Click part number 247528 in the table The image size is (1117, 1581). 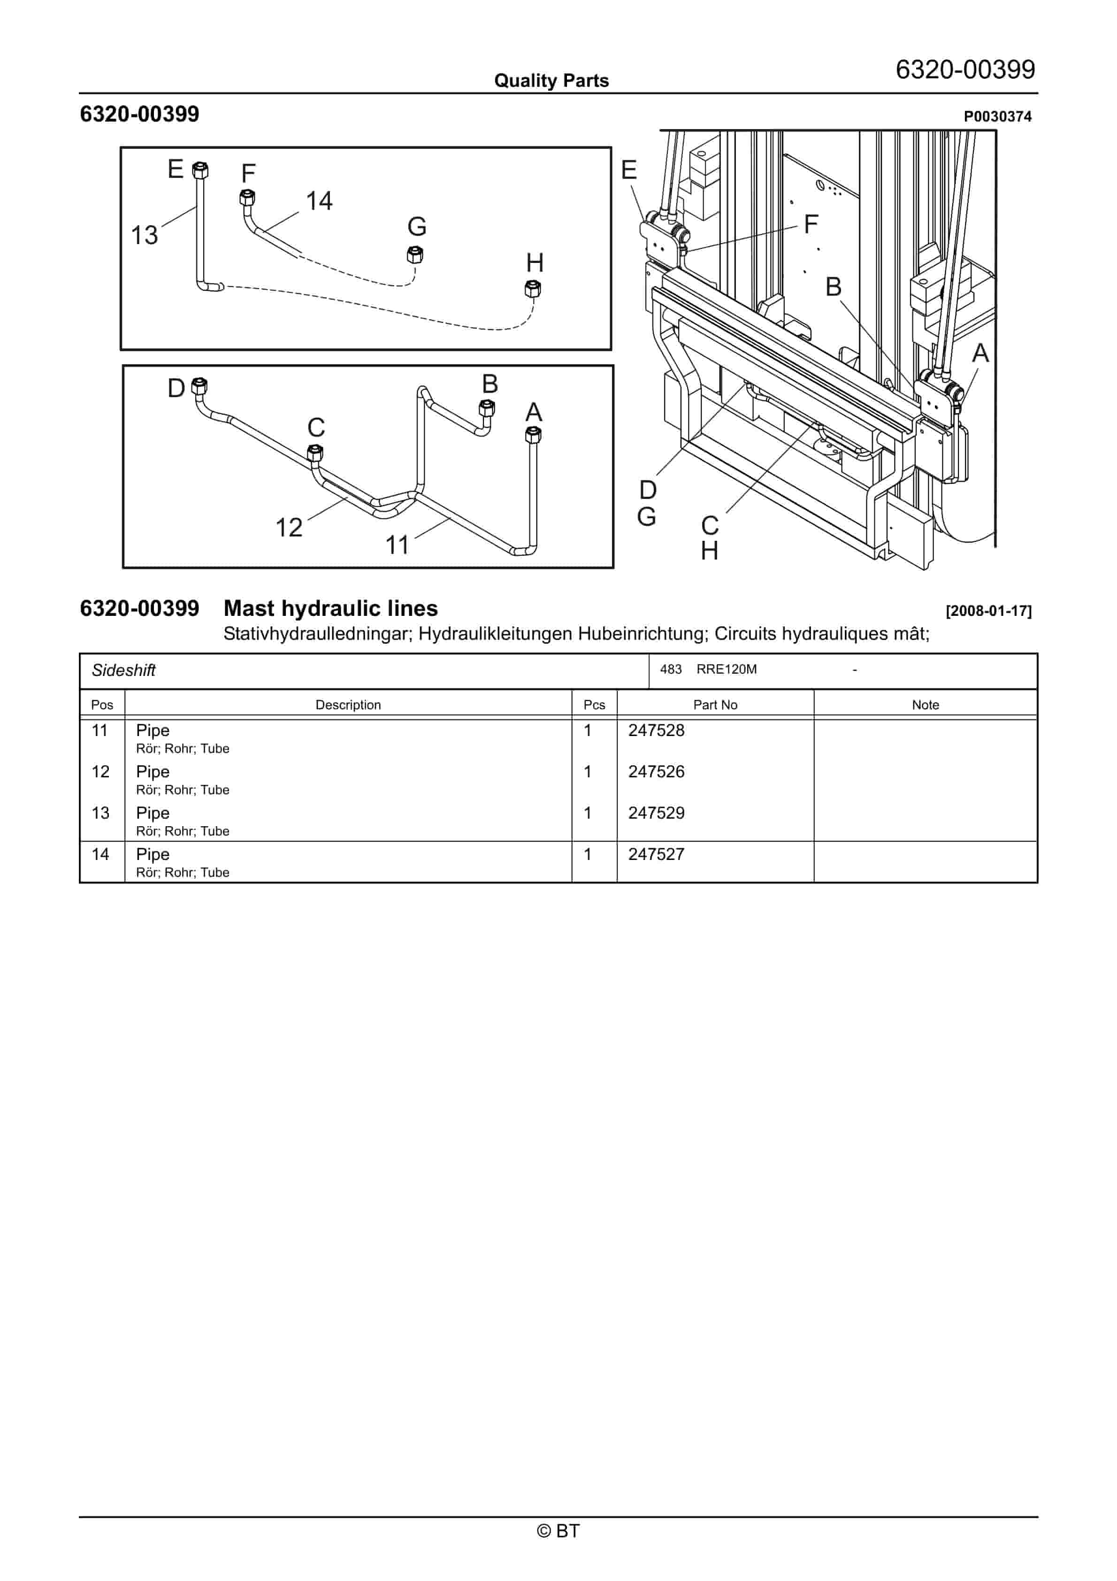(x=656, y=730)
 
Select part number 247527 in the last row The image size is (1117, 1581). (x=656, y=854)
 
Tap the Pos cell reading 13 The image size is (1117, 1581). (x=100, y=813)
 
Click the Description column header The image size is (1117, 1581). (x=348, y=705)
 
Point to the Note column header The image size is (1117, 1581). (x=925, y=705)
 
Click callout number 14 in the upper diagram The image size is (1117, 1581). (x=319, y=201)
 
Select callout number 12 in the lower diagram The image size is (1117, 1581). (x=289, y=528)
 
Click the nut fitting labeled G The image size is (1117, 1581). (x=414, y=255)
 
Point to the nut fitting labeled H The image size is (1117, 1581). (x=532, y=289)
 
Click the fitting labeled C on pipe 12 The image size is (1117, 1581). (x=315, y=453)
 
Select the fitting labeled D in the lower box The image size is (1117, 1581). (x=199, y=386)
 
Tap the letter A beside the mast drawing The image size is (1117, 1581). (x=979, y=353)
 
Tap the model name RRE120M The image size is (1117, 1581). (x=726, y=669)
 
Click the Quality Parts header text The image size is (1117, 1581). (x=551, y=81)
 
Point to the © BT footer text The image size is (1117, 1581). (x=558, y=1531)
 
